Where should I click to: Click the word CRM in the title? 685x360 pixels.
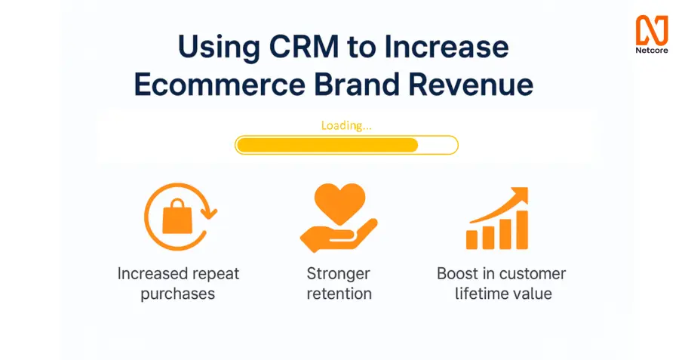click(303, 46)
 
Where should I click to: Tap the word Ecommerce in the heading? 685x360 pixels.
click(220, 84)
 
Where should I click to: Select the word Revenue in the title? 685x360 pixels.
click(471, 84)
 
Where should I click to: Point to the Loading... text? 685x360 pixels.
click(346, 125)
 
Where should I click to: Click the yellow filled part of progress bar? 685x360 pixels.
click(327, 145)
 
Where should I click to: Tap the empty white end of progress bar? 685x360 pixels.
click(438, 145)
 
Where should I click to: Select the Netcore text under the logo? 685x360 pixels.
click(652, 51)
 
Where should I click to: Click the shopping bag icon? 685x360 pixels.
click(177, 217)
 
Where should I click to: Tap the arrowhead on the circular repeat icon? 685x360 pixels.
click(209, 213)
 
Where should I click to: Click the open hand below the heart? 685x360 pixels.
click(339, 237)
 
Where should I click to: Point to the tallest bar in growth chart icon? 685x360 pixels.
click(522, 229)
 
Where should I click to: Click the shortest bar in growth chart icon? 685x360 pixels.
click(472, 240)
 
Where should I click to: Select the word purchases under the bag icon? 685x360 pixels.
click(178, 294)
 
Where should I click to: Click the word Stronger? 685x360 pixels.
click(339, 274)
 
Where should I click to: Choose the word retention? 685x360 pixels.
click(339, 294)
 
